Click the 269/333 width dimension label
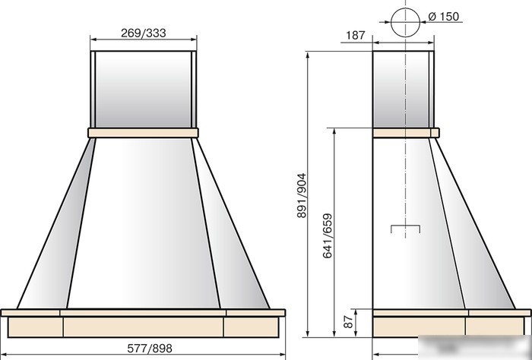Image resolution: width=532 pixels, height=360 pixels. [143, 33]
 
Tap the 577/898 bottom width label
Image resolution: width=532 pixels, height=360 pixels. [150, 348]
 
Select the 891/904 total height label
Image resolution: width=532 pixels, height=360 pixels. [301, 196]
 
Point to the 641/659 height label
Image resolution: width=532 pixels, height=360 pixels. [327, 236]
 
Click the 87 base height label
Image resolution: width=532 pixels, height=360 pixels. [348, 322]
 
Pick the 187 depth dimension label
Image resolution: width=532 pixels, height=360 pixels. [355, 35]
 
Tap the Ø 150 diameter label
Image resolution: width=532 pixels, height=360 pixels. [443, 16]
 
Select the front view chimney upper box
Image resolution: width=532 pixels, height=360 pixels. [144, 90]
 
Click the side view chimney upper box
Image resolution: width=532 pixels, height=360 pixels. [403, 90]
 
